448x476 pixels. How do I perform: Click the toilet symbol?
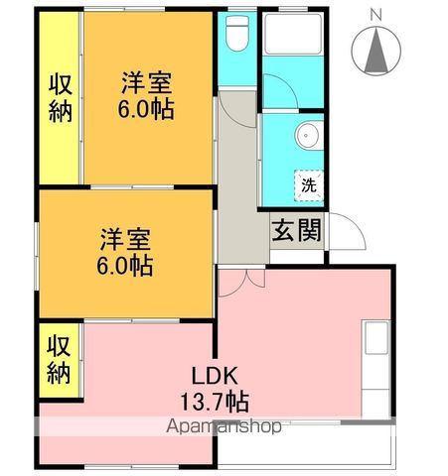pyautogui.click(x=236, y=34)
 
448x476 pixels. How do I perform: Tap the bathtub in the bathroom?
pyautogui.click(x=293, y=34)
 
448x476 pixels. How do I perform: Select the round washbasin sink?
pyautogui.click(x=307, y=136)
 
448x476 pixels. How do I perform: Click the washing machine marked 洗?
pyautogui.click(x=309, y=185)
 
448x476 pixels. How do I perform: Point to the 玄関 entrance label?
pyautogui.click(x=296, y=230)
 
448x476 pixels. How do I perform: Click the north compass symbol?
pyautogui.click(x=375, y=52)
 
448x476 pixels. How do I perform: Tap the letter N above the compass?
pyautogui.click(x=375, y=15)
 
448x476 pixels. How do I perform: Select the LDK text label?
pyautogui.click(x=215, y=376)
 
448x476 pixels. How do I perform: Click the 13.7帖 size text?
pyautogui.click(x=215, y=402)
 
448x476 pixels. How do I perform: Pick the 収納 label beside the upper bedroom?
pyautogui.click(x=61, y=99)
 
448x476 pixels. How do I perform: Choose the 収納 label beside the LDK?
pyautogui.click(x=59, y=360)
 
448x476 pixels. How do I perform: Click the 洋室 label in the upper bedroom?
pyautogui.click(x=147, y=83)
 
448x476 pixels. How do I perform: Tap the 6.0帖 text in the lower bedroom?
pyautogui.click(x=125, y=266)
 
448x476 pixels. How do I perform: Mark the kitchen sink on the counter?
pyautogui.click(x=376, y=337)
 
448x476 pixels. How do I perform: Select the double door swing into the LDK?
pyautogui.click(x=241, y=283)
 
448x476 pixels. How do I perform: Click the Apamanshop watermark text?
pyautogui.click(x=224, y=426)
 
